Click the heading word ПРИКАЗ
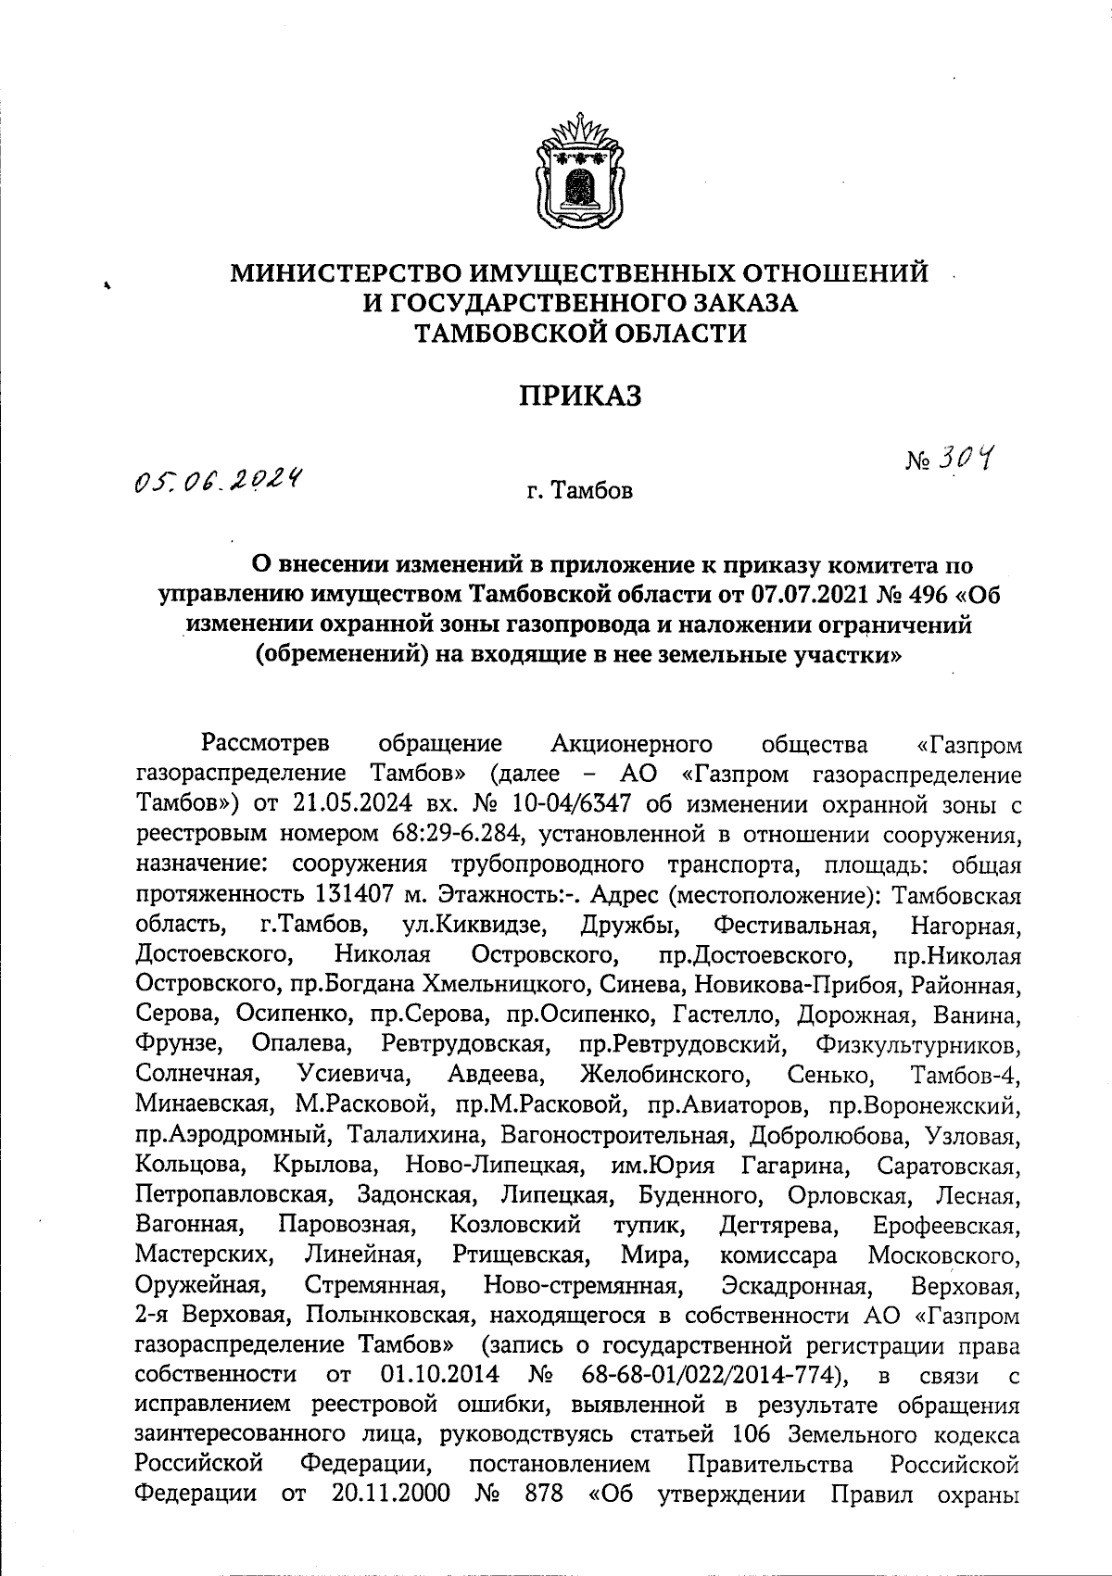coord(580,397)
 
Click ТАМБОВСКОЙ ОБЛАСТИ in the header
coord(580,333)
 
